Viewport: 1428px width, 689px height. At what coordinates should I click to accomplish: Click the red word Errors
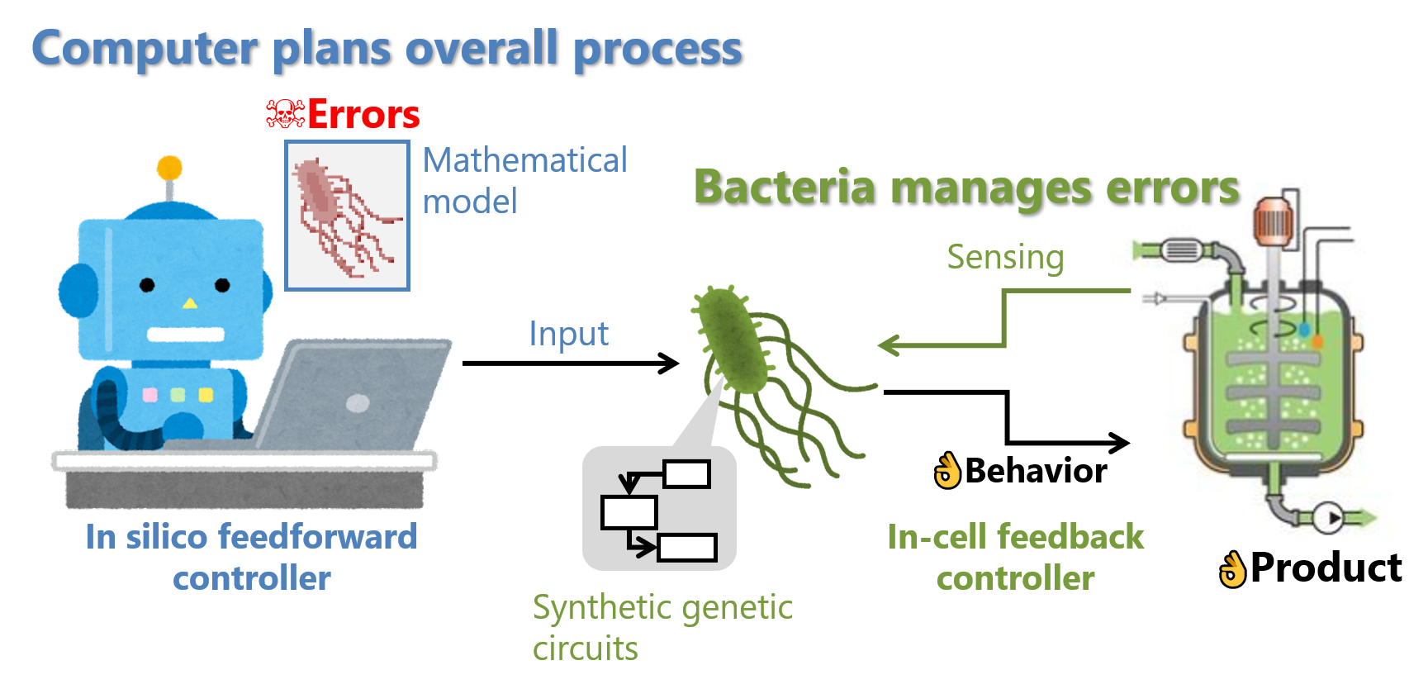pos(363,115)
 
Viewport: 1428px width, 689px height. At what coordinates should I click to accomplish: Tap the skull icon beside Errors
pos(285,114)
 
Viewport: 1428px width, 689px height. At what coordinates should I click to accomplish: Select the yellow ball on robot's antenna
pos(169,168)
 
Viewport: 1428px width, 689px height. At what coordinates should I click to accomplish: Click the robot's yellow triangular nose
pos(190,303)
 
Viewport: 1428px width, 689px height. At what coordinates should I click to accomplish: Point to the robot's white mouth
pos(186,335)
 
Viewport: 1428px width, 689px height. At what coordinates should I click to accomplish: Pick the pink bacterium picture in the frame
pos(347,215)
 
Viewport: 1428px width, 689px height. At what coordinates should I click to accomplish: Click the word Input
pos(568,334)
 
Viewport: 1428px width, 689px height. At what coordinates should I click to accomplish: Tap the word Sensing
pos(1005,257)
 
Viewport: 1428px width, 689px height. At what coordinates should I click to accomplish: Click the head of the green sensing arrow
pos(885,345)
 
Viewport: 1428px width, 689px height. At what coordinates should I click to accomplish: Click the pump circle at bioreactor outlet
pos(1327,518)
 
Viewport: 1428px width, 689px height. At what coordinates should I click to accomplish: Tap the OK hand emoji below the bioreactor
pos(1232,570)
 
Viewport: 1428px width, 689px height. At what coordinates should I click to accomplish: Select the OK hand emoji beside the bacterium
pos(948,471)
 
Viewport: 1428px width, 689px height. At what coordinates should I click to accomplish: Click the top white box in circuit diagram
pos(686,474)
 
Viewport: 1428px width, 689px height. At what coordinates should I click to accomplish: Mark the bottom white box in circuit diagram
pos(686,548)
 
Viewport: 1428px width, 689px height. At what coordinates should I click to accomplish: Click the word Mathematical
pos(525,160)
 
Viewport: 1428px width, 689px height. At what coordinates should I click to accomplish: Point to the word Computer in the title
pos(145,49)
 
